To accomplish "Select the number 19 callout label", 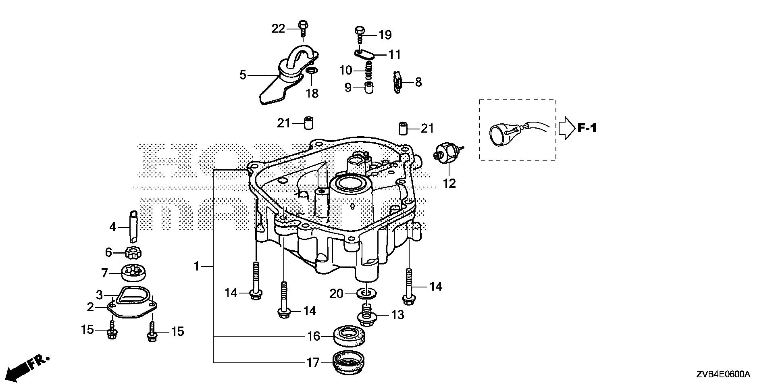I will [x=385, y=35].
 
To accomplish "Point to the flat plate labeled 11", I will [x=365, y=54].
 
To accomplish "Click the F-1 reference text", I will [x=587, y=128].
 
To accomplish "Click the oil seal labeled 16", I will [x=350, y=335].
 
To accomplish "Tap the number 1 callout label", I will [x=197, y=266].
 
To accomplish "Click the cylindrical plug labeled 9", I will [x=369, y=87].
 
